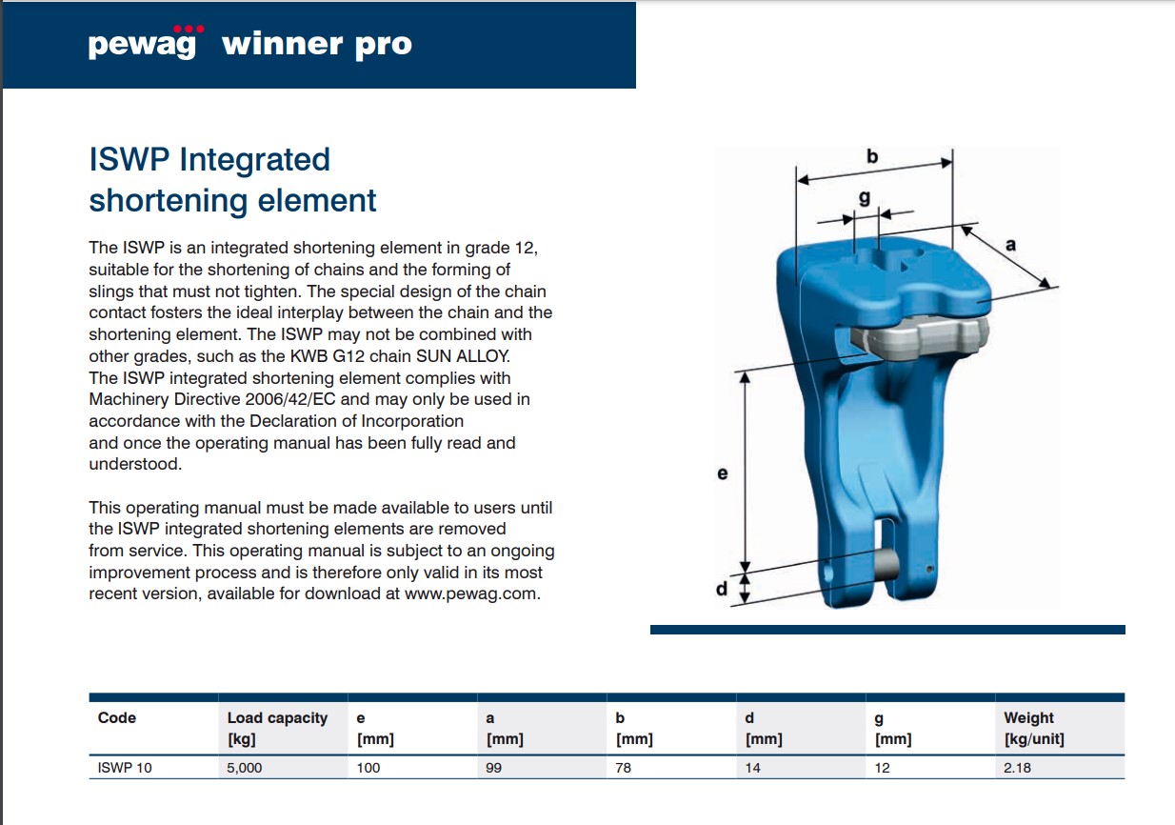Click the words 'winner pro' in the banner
(x=317, y=45)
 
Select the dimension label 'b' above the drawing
(x=872, y=156)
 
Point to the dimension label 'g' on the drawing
(x=865, y=198)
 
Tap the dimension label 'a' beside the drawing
(x=1010, y=245)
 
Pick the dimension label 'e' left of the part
(x=723, y=473)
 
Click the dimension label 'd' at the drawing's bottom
(x=722, y=589)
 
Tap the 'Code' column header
(x=117, y=717)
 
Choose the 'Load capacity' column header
(x=277, y=717)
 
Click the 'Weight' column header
(x=1028, y=717)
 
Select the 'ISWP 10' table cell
(x=125, y=768)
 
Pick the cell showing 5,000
(x=245, y=768)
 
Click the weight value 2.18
(x=1017, y=768)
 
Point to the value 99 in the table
(x=493, y=768)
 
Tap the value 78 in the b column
(x=623, y=768)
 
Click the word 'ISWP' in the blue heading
(x=129, y=159)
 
